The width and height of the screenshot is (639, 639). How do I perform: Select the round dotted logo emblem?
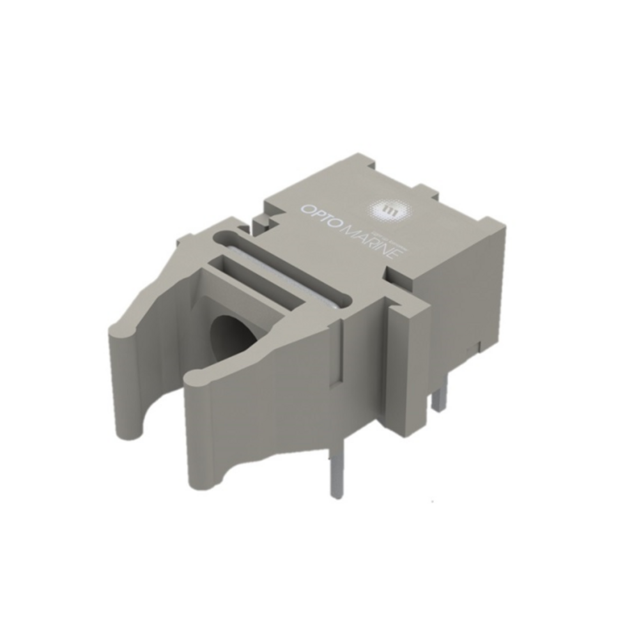tap(389, 209)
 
